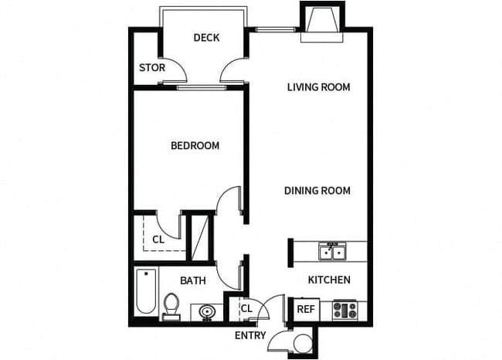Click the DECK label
(x=207, y=37)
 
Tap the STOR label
(x=151, y=68)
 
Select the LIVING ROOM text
(x=318, y=87)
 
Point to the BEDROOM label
(x=195, y=145)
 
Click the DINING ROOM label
(x=317, y=191)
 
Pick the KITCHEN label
(x=329, y=280)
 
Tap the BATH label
(x=192, y=280)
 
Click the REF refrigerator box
(x=305, y=309)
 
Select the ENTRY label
(x=250, y=335)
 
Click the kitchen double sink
(x=334, y=251)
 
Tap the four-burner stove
(x=345, y=310)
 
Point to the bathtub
(x=145, y=292)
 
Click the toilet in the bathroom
(x=171, y=306)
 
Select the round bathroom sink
(x=206, y=311)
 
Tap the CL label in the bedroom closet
(x=158, y=239)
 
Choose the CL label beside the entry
(x=246, y=309)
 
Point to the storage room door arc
(x=177, y=70)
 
